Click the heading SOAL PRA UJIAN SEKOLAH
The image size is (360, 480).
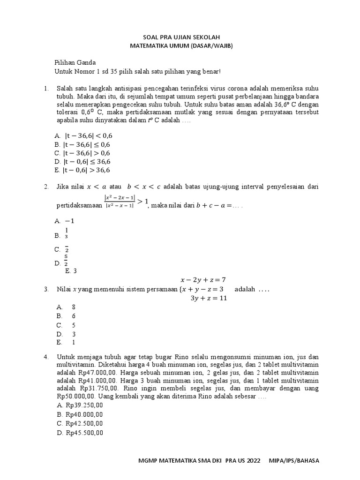pos(181,37)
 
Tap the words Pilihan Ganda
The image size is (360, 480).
pos(75,62)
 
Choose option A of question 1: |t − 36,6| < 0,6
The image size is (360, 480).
pos(84,135)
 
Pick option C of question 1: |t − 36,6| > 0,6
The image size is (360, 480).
pos(84,153)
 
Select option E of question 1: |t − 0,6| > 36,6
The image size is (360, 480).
pos(84,170)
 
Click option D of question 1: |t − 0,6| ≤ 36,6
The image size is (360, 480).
pos(84,162)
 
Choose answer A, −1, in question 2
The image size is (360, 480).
pos(65,221)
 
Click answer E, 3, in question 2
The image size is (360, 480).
pos(71,270)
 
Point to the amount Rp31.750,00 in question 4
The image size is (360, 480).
pos(98,389)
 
